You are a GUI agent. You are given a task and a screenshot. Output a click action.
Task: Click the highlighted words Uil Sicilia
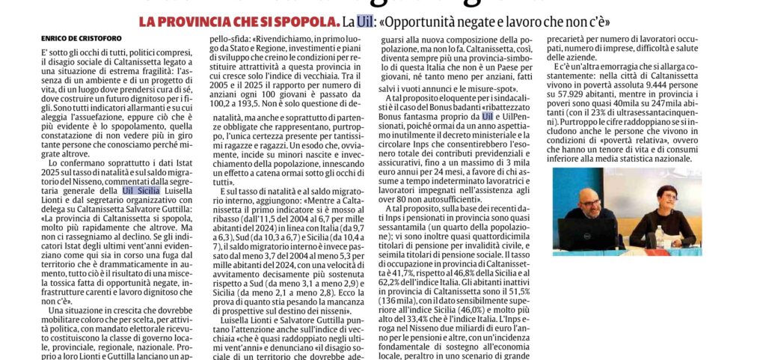pos(141,190)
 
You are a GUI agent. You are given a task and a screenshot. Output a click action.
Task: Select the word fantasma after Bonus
pos(427,116)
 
